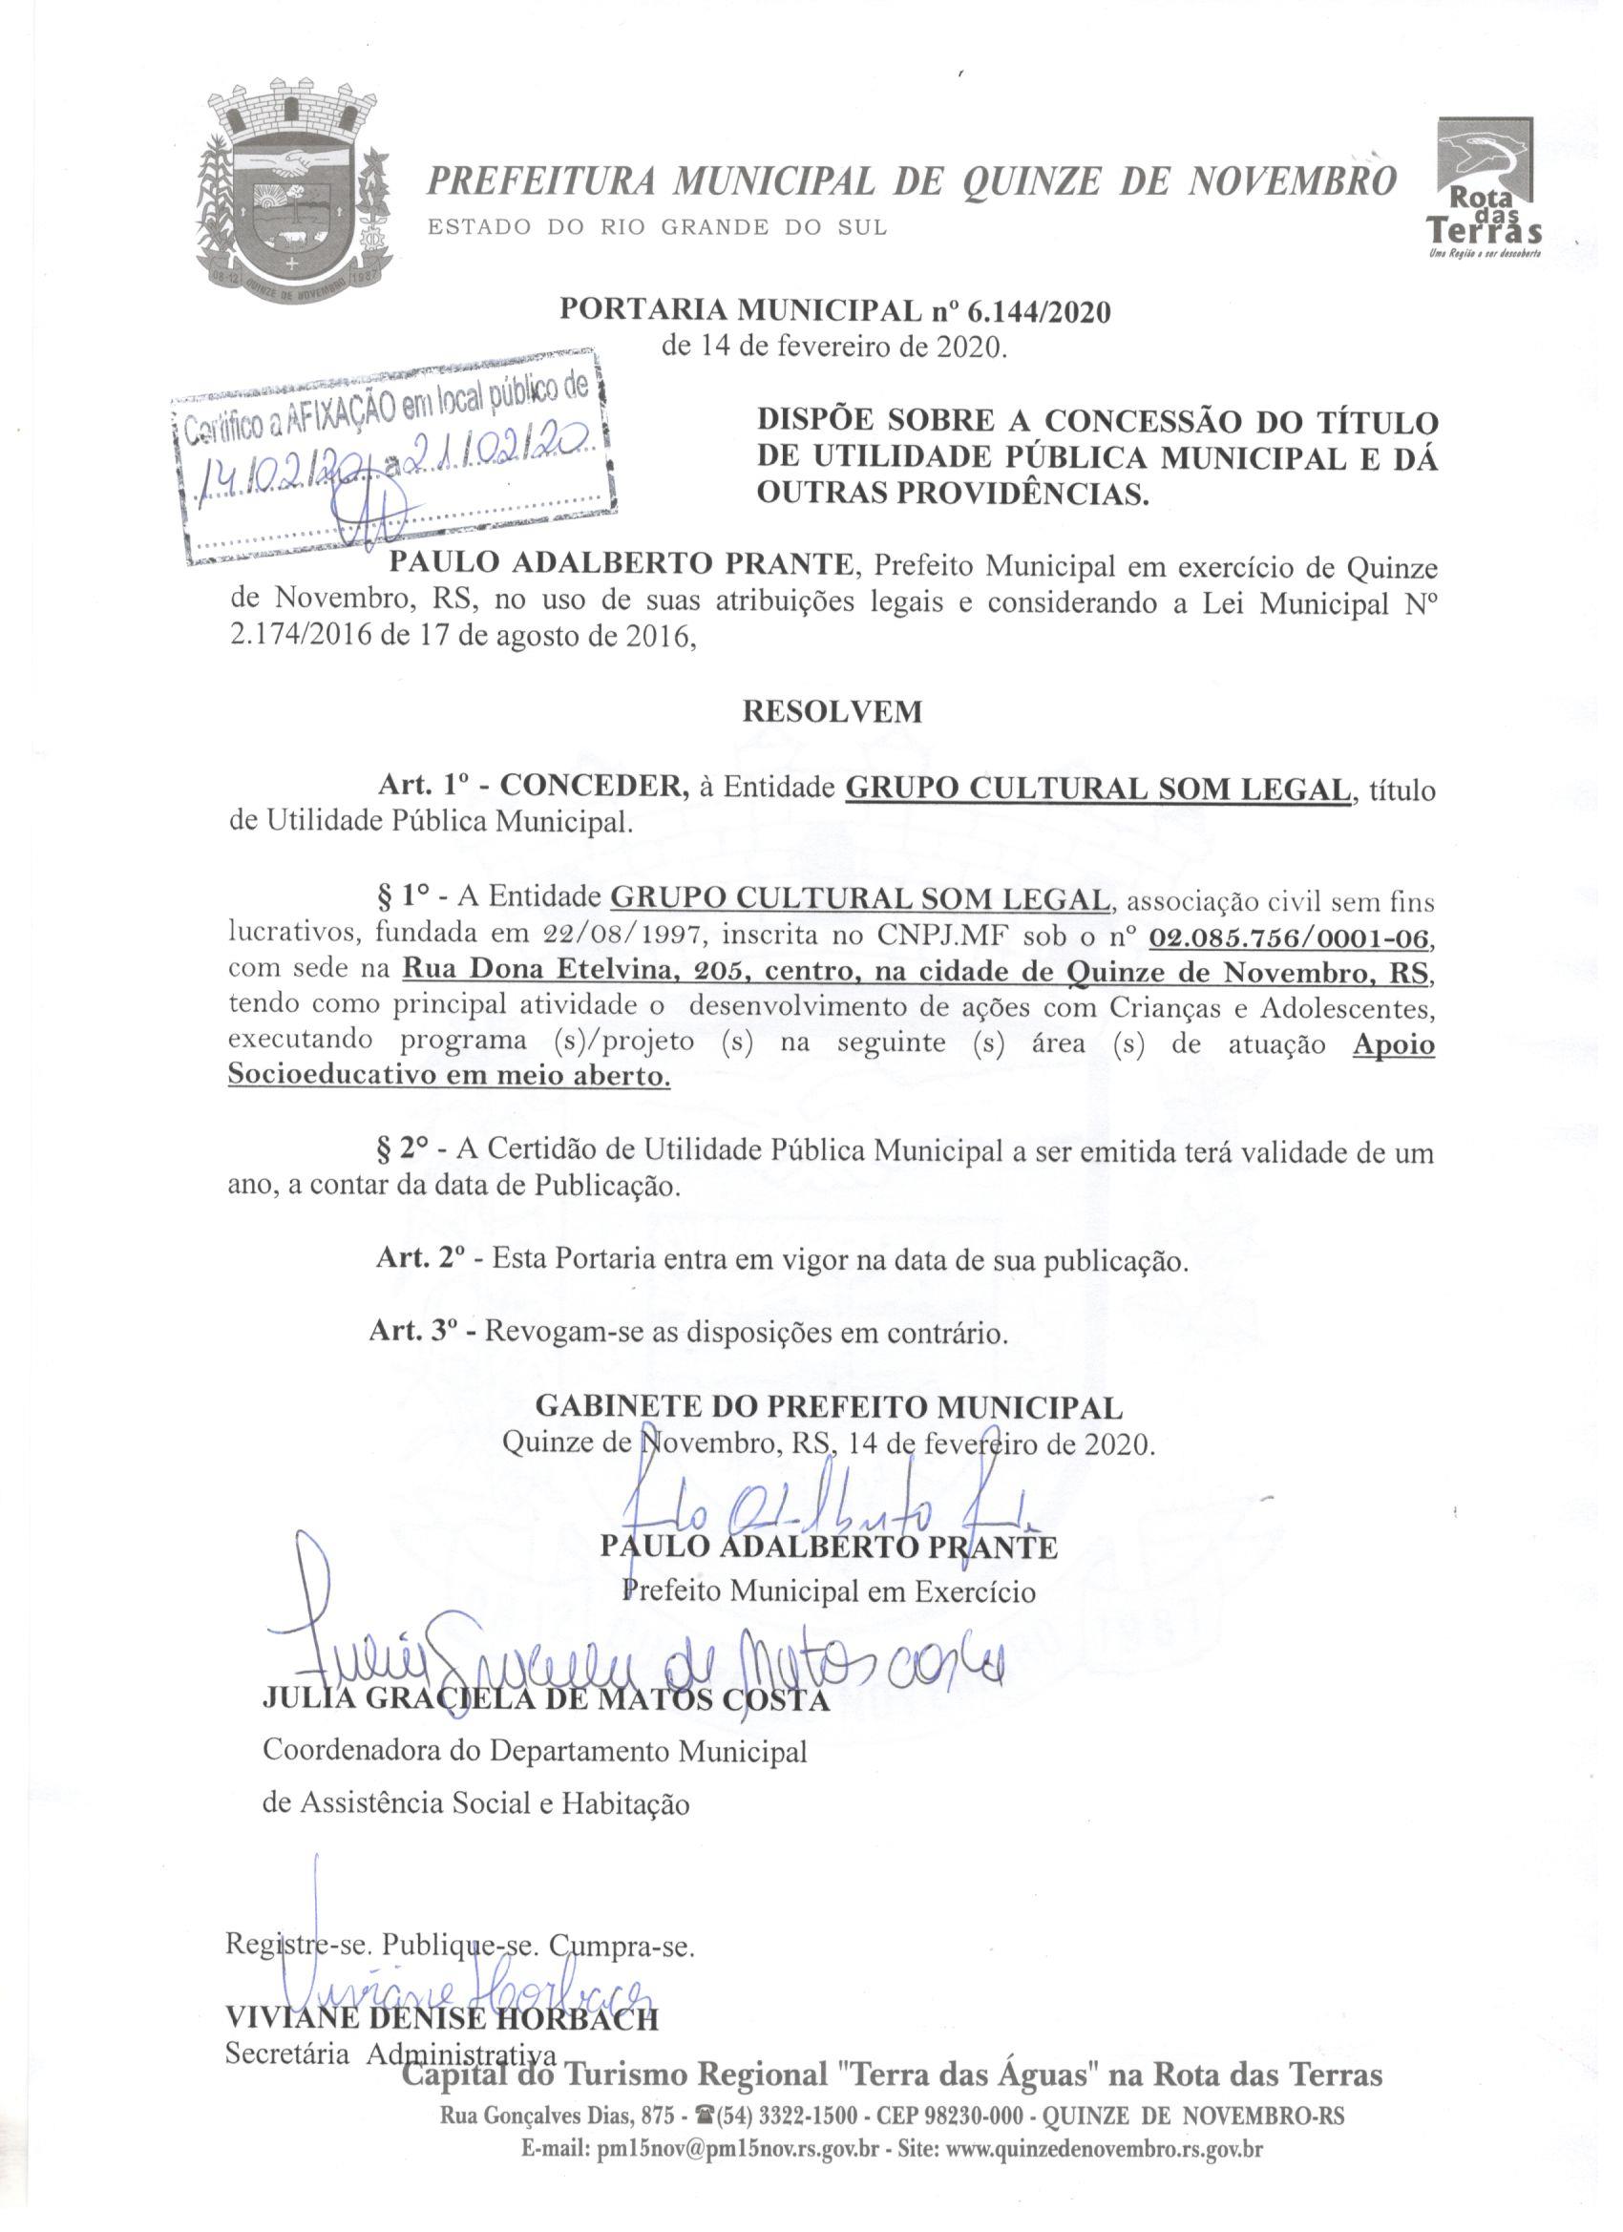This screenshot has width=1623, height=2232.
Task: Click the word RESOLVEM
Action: pyautogui.click(x=832, y=711)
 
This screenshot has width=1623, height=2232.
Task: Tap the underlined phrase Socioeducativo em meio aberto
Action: pyautogui.click(x=449, y=1076)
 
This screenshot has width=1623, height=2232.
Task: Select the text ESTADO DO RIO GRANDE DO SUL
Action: pyautogui.click(x=657, y=227)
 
